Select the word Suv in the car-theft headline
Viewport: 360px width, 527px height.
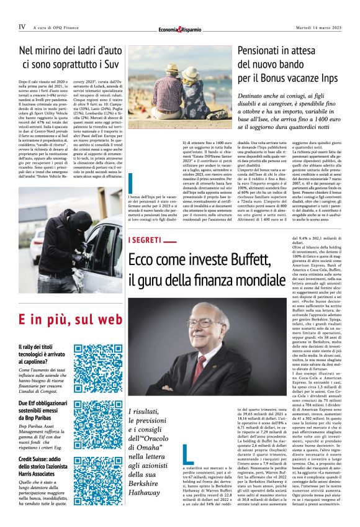[x=118, y=63]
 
